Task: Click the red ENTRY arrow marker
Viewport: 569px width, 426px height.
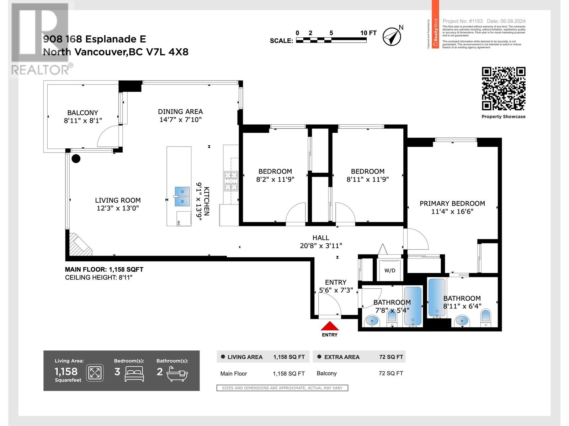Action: (330, 326)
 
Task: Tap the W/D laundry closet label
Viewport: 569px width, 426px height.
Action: (390, 271)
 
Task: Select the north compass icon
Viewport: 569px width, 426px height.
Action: (392, 36)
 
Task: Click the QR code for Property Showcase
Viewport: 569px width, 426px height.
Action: (504, 89)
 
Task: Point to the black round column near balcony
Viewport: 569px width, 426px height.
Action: (76, 159)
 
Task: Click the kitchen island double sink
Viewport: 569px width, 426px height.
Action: (182, 196)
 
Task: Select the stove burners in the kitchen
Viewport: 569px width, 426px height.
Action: (230, 181)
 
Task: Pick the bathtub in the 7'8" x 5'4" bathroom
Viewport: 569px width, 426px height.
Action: (413, 306)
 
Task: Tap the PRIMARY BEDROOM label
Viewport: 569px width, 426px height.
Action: (452, 203)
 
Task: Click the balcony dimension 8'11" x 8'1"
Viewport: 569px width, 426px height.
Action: (83, 121)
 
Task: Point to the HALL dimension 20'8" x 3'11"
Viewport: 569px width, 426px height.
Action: (321, 246)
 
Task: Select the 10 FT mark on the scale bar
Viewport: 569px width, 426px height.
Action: (368, 33)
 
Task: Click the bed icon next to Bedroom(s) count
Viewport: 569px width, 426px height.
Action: (134, 374)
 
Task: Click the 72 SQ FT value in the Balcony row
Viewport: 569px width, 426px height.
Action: (391, 373)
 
